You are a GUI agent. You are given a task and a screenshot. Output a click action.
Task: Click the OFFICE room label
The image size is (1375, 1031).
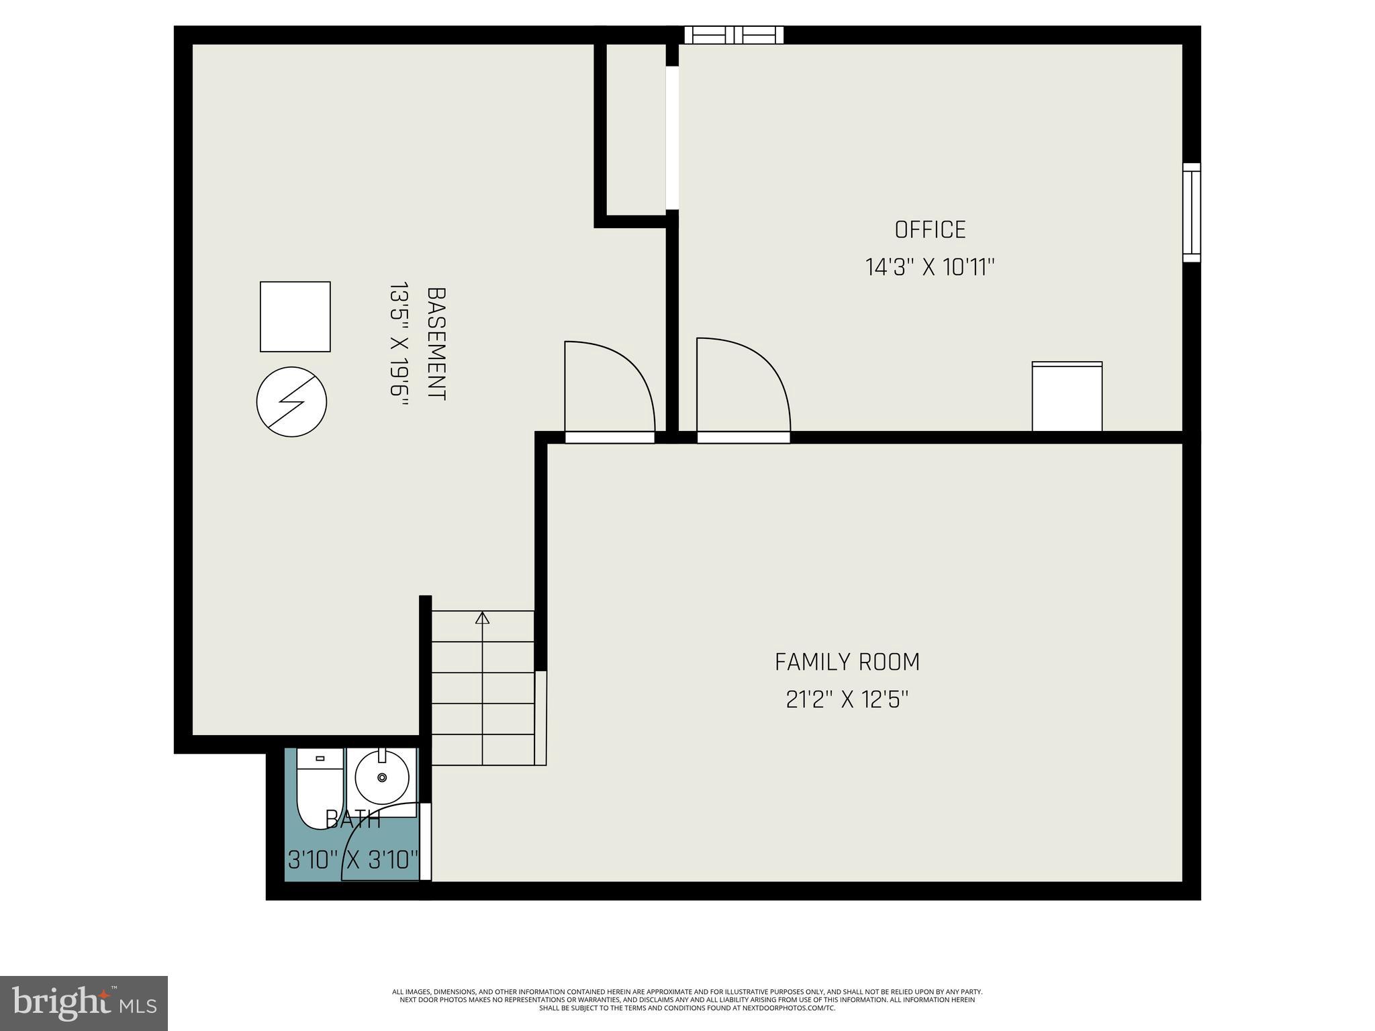pyautogui.click(x=930, y=230)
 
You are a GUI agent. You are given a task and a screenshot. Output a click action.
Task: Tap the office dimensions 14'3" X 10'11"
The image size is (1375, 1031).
pyautogui.click(x=930, y=268)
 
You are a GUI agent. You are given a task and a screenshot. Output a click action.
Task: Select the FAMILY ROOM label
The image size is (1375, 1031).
pyautogui.click(x=847, y=662)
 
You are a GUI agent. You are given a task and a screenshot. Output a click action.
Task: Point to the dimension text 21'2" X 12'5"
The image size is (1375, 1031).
pyautogui.click(x=847, y=700)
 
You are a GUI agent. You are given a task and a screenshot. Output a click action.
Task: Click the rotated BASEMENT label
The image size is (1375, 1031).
pyautogui.click(x=436, y=344)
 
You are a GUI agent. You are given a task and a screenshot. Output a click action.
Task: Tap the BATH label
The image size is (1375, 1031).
pyautogui.click(x=353, y=820)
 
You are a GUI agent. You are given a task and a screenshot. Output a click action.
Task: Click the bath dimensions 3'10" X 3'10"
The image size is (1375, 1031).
pyautogui.click(x=353, y=859)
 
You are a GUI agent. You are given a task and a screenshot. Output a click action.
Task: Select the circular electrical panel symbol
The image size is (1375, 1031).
pyautogui.click(x=291, y=401)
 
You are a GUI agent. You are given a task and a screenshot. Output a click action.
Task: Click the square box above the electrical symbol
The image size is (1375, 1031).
pyautogui.click(x=295, y=316)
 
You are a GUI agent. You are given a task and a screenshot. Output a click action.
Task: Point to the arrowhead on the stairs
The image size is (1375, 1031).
pyautogui.click(x=482, y=618)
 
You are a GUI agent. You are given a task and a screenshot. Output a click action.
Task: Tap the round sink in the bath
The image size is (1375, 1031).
pyautogui.click(x=382, y=777)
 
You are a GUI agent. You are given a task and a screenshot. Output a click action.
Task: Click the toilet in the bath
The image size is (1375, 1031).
pyautogui.click(x=320, y=789)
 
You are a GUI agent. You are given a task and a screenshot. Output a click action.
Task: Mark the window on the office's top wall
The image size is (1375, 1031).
pyautogui.click(x=734, y=35)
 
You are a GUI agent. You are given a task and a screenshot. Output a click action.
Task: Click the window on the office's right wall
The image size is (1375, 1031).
pyautogui.click(x=1191, y=212)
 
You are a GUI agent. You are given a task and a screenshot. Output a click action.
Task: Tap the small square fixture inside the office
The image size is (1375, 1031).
pyautogui.click(x=1067, y=397)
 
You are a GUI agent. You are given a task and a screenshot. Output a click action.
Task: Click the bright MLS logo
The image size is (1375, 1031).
pyautogui.click(x=84, y=1003)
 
